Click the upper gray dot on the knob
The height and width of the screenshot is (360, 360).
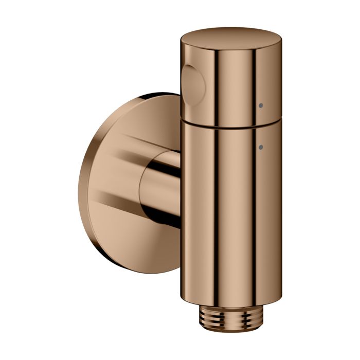261,105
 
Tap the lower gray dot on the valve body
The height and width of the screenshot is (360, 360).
261,147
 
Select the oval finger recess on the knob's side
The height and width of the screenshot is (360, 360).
194,84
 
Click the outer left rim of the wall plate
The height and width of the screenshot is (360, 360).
81,185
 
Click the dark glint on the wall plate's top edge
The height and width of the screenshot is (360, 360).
154,96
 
